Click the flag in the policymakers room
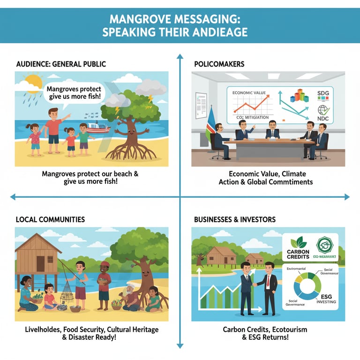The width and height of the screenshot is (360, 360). tap(209, 123)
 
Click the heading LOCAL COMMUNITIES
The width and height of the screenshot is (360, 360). tap(50, 219)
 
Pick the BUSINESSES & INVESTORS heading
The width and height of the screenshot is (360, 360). tap(235, 219)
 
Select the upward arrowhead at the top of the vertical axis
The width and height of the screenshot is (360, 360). tap(180, 56)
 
